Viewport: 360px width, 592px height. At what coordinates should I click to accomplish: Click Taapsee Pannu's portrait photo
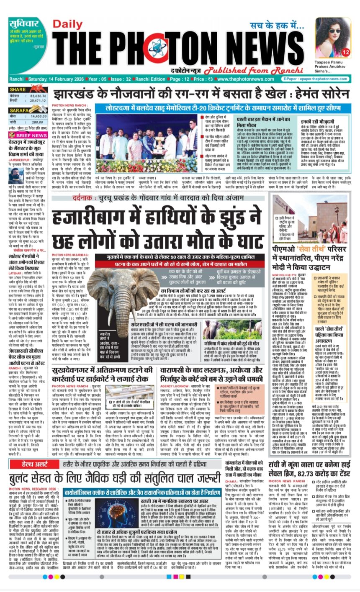click(x=332, y=37)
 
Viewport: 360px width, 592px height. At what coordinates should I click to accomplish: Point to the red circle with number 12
click(x=345, y=52)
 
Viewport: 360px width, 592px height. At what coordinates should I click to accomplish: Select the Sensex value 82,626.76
click(x=37, y=96)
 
